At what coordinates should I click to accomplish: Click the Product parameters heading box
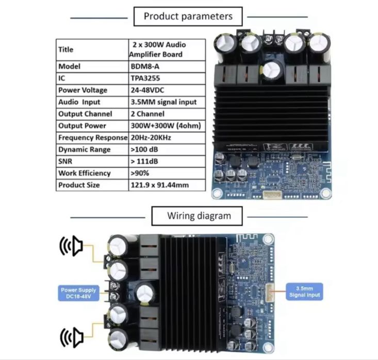[x=188, y=16]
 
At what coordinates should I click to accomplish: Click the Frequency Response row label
[x=92, y=138]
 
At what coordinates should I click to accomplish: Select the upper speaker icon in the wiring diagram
[x=72, y=246]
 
